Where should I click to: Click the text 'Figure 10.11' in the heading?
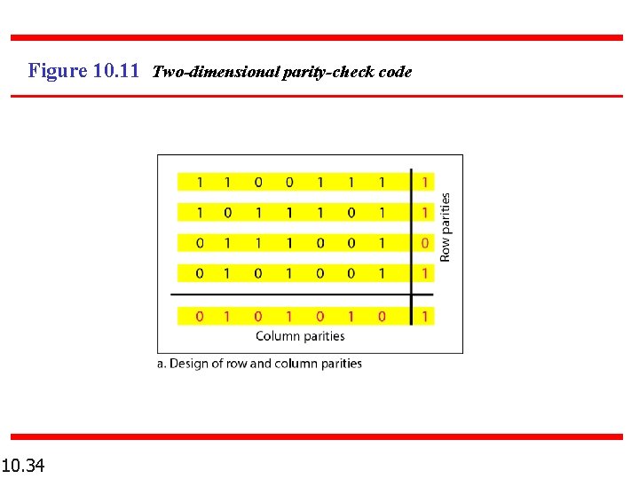pyautogui.click(x=83, y=71)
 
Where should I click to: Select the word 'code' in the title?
pyautogui.click(x=395, y=72)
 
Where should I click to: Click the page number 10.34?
pyautogui.click(x=24, y=464)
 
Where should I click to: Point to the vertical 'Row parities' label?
pyautogui.click(x=446, y=227)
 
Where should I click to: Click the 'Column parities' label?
pyautogui.click(x=300, y=336)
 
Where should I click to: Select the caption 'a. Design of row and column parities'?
pyautogui.click(x=259, y=364)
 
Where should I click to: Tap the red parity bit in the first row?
pyautogui.click(x=425, y=182)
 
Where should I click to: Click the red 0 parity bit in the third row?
pyautogui.click(x=425, y=242)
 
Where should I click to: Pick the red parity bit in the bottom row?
pyautogui.click(x=425, y=316)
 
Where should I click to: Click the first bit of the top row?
pyautogui.click(x=200, y=182)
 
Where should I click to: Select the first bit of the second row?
pyautogui.click(x=200, y=212)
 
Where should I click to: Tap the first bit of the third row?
pyautogui.click(x=200, y=242)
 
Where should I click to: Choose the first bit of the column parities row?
pyautogui.click(x=200, y=316)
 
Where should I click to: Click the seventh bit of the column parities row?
pyautogui.click(x=382, y=316)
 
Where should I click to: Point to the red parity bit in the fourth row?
pyautogui.click(x=425, y=273)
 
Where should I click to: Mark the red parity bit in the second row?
pyautogui.click(x=425, y=212)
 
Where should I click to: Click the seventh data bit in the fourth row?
pyautogui.click(x=382, y=273)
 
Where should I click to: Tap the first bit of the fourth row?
pyautogui.click(x=200, y=273)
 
